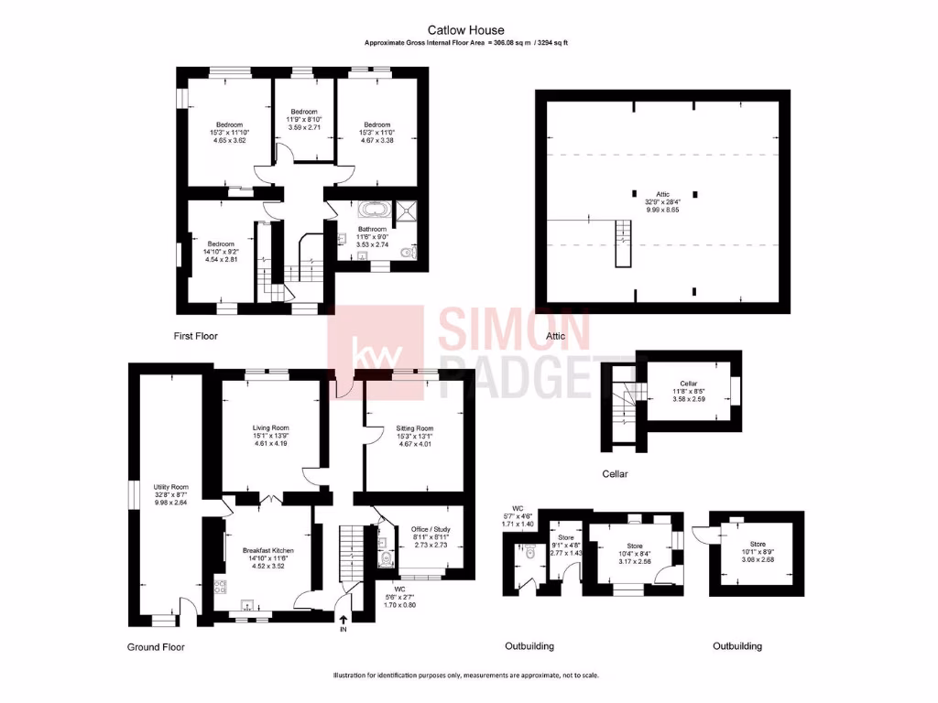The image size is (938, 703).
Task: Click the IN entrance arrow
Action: pyautogui.click(x=344, y=624)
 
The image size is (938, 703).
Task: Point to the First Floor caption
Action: pyautogui.click(x=196, y=336)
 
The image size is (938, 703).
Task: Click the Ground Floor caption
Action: pyautogui.click(x=156, y=647)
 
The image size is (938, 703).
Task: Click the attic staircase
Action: pyautogui.click(x=624, y=242)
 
